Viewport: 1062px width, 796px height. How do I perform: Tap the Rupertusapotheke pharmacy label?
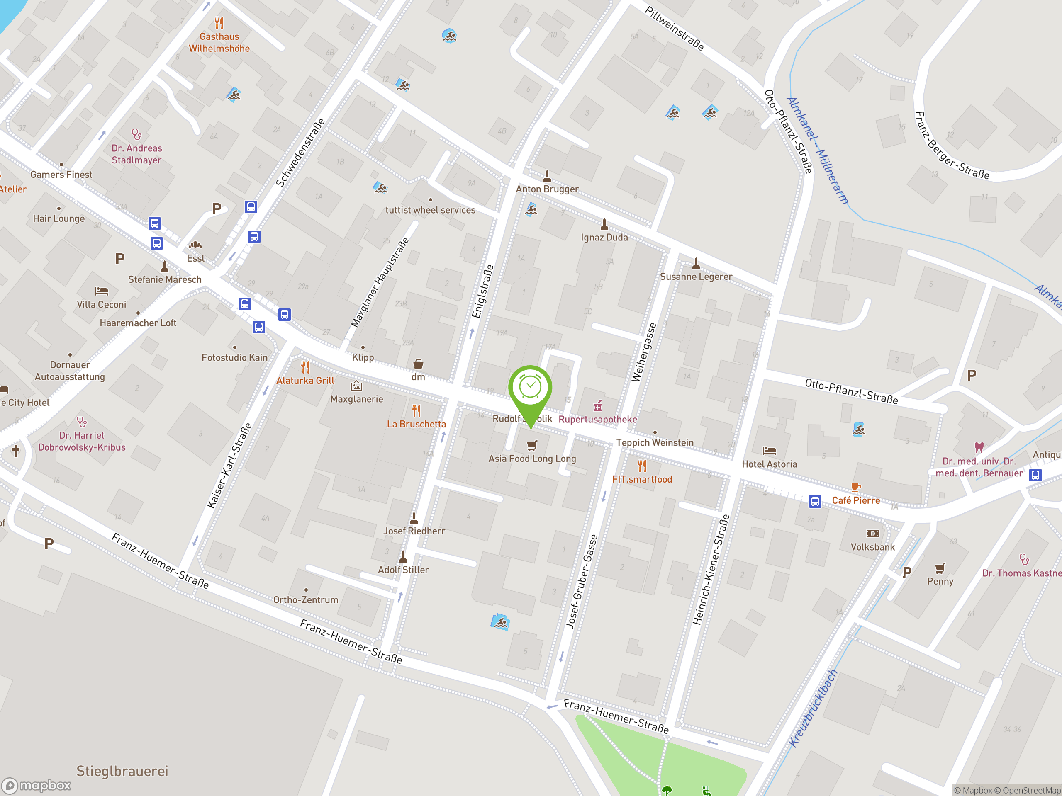point(598,420)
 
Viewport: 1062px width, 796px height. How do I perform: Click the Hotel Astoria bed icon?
point(769,450)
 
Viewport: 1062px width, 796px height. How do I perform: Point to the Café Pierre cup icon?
point(855,487)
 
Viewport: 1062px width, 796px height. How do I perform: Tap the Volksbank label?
point(872,547)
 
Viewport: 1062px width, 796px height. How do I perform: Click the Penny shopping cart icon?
point(940,568)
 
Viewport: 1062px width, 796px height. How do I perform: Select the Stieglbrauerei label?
point(122,771)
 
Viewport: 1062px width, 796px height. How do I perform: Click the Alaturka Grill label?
point(305,381)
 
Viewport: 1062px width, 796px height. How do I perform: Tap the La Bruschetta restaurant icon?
point(416,411)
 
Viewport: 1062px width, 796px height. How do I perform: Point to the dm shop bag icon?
point(418,364)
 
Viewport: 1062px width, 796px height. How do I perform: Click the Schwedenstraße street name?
point(300,153)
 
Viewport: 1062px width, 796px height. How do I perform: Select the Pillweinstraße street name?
point(674,28)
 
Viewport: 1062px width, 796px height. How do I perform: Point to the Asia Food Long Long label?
point(532,458)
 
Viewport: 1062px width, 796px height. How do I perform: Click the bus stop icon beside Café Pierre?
point(815,501)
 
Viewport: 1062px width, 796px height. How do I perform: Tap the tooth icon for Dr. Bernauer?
point(979,447)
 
